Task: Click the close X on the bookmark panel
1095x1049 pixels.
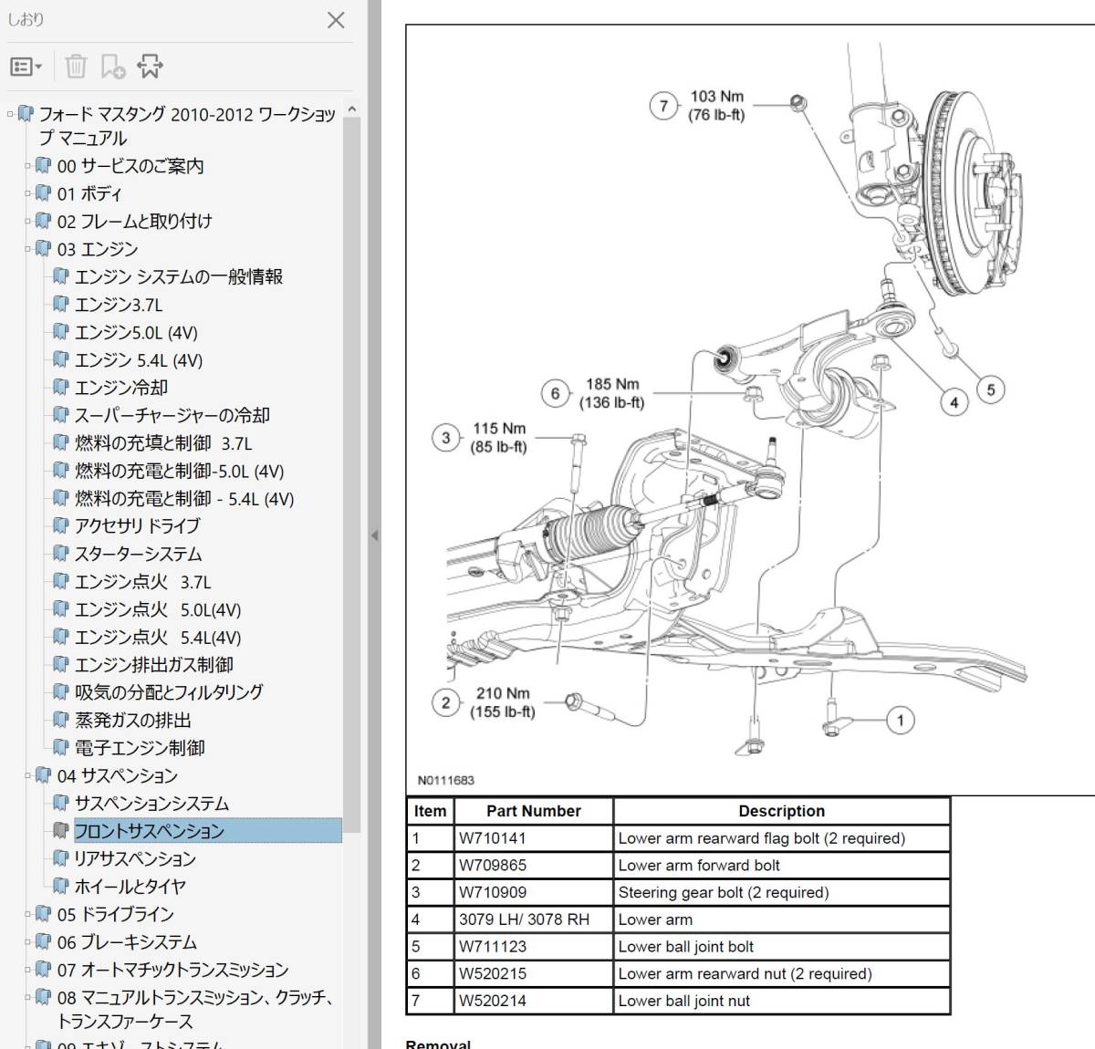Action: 336,20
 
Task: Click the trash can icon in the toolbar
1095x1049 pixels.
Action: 77,66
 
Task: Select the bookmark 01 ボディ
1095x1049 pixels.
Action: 89,193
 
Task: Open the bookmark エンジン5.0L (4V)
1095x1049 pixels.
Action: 136,332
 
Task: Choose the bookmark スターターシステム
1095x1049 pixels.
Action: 138,554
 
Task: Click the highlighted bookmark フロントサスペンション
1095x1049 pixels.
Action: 149,831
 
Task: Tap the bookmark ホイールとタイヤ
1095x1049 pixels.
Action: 130,886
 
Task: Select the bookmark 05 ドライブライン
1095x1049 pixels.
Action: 115,914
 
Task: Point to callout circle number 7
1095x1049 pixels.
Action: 663,106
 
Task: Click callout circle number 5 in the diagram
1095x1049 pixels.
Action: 991,390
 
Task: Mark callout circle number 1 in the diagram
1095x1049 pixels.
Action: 900,721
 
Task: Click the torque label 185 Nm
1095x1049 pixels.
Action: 612,385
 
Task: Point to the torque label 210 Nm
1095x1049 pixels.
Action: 503,693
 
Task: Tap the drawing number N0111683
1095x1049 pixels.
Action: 446,781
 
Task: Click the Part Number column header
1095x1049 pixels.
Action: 533,811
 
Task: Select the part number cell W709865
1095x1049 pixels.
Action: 493,865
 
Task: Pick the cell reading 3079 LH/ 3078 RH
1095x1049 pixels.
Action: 524,919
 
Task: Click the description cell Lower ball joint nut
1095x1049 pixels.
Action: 683,1001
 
